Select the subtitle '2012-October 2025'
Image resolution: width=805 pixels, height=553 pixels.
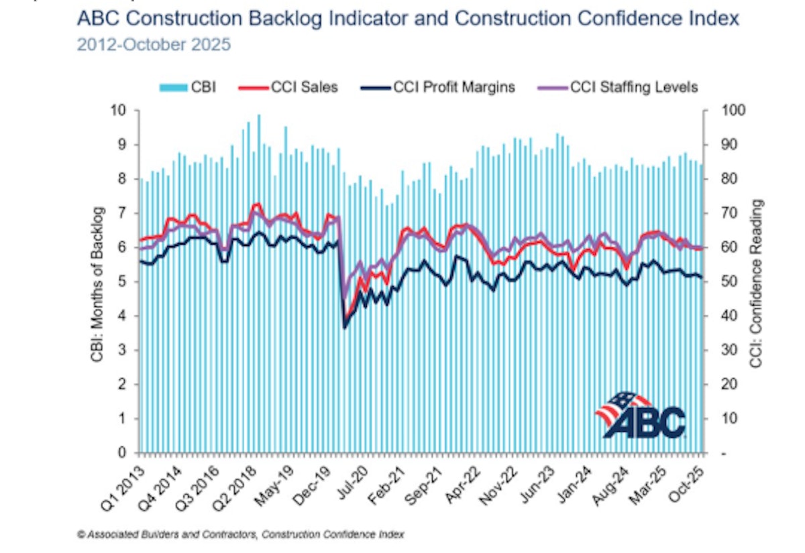point(154,45)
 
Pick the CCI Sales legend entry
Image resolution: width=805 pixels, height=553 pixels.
point(299,87)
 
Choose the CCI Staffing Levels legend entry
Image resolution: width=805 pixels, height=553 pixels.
point(624,87)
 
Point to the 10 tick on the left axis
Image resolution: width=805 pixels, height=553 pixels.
point(121,111)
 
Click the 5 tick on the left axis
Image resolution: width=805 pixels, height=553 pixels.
point(123,282)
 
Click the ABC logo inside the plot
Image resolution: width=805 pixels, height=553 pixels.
point(640,416)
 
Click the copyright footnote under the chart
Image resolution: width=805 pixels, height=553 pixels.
point(241,534)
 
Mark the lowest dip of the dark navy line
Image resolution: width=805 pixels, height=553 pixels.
point(345,327)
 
